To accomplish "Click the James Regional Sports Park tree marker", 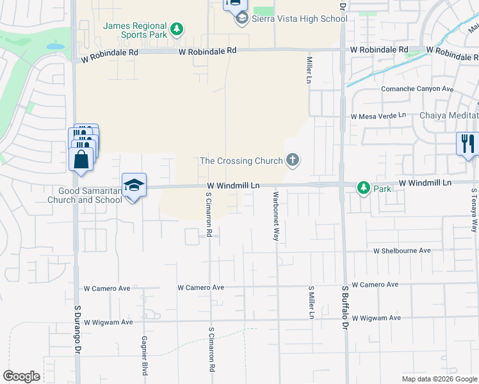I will click(x=177, y=29).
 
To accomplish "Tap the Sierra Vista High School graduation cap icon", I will click(x=242, y=19).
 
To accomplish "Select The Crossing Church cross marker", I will click(x=293, y=159).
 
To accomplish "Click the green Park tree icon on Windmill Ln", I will click(x=364, y=188).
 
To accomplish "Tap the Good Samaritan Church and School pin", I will click(x=134, y=186).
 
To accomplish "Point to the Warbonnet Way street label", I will click(x=276, y=216).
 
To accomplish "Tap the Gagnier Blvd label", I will click(x=145, y=356).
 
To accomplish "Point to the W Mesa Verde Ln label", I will click(x=378, y=116).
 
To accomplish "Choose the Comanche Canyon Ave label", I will click(x=418, y=89).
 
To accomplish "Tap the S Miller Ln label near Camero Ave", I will click(x=311, y=302).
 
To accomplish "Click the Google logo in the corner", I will click(x=21, y=376).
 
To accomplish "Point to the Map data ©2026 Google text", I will click(x=439, y=379).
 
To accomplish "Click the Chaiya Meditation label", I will click(x=449, y=115).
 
